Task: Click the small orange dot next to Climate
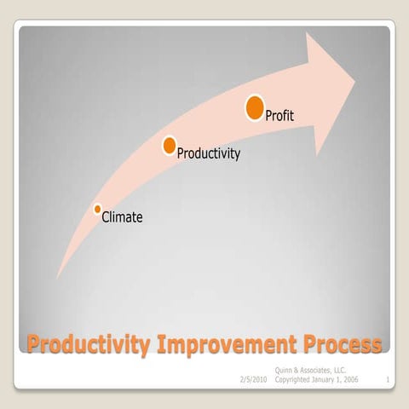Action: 98,209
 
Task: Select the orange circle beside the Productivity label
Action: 170,146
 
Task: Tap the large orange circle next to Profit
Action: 255,108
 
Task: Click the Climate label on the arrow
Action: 123,217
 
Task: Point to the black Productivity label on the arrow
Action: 209,154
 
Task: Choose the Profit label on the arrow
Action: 279,116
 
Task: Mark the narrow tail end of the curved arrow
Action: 58,275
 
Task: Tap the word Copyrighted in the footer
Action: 296,379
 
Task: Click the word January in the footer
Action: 331,379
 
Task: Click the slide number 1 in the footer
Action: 388,379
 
